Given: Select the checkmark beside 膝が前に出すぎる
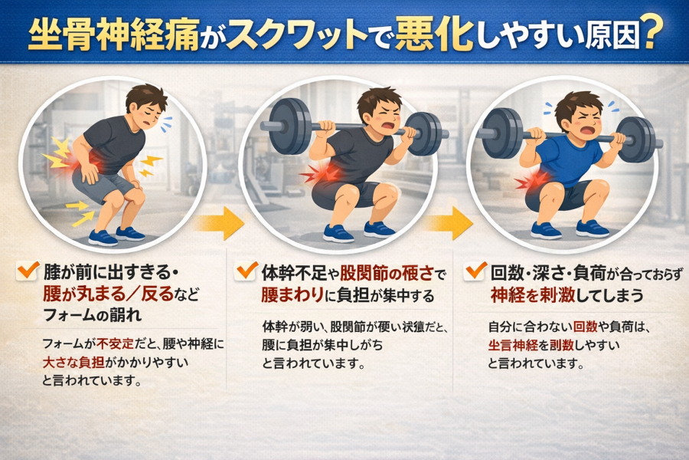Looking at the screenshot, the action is pyautogui.click(x=28, y=271).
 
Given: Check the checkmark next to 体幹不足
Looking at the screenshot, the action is pyautogui.click(x=246, y=271).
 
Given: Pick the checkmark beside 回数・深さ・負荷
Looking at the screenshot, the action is pyautogui.click(x=475, y=271).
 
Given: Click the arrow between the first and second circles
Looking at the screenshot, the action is pyautogui.click(x=219, y=223).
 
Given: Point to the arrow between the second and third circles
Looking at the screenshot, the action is pyautogui.click(x=448, y=223).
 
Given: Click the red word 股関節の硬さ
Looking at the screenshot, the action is pyautogui.click(x=387, y=274).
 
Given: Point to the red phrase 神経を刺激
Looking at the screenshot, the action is pyautogui.click(x=533, y=294).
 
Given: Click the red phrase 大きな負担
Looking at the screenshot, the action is pyautogui.click(x=73, y=363).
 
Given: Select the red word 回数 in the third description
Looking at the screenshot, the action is pyautogui.click(x=585, y=327).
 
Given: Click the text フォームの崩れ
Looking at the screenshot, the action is pyautogui.click(x=93, y=315).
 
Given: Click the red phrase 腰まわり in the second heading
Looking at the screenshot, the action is pyautogui.click(x=292, y=295).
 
